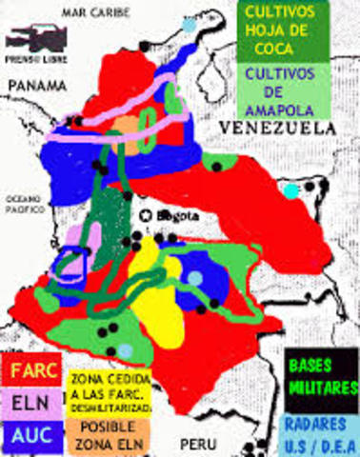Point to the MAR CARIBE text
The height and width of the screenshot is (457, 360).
(92, 11)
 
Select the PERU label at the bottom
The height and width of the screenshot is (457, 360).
(195, 444)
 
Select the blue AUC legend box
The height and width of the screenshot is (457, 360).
(31, 435)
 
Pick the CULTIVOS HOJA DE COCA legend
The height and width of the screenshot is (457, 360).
(281, 29)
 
